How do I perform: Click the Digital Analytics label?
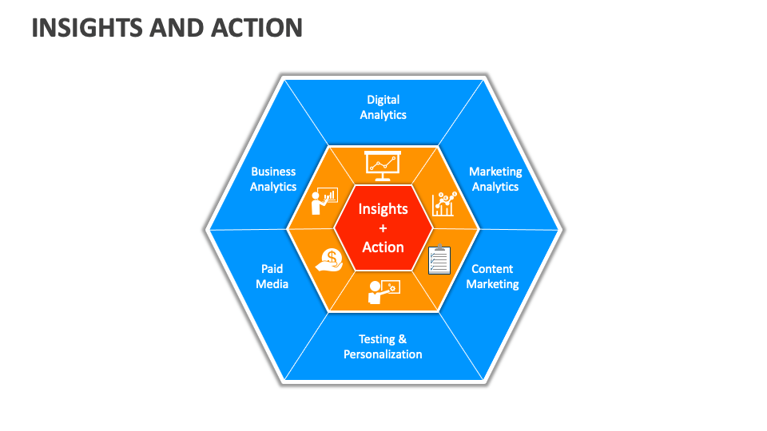[x=383, y=107]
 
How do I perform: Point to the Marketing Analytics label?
[x=495, y=179]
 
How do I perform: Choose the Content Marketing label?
[x=492, y=276]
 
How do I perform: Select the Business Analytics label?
[x=273, y=179]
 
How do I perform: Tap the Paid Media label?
[x=272, y=276]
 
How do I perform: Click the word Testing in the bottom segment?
[x=376, y=339]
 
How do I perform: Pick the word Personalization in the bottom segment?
[x=383, y=354]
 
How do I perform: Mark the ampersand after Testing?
[x=403, y=339]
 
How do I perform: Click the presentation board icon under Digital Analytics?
[x=382, y=164]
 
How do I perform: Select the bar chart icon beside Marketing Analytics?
[x=443, y=204]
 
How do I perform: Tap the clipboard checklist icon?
[x=439, y=259]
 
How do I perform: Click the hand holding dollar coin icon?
[x=328, y=258]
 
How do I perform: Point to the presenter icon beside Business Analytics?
[x=324, y=202]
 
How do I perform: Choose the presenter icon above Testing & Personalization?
[x=383, y=291]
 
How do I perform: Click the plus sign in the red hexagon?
[x=383, y=228]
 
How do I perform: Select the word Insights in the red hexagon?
[x=383, y=209]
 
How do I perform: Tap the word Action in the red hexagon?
[x=383, y=247]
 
